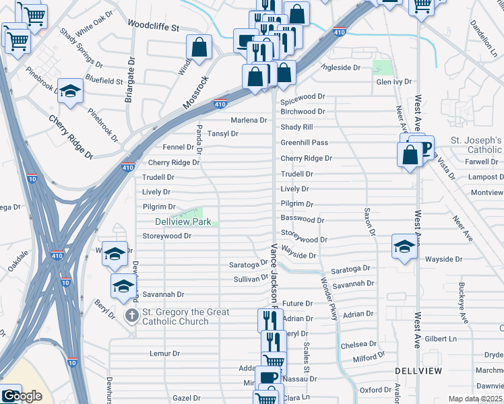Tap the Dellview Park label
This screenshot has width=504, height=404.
click(x=183, y=222)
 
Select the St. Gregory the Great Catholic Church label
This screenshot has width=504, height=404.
click(x=185, y=316)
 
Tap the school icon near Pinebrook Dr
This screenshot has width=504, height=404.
click(x=70, y=92)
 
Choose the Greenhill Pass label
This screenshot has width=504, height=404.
click(x=304, y=143)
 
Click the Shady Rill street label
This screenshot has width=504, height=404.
click(x=297, y=127)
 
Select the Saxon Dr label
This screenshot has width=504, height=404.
click(x=370, y=222)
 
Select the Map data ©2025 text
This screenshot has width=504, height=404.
click(x=476, y=399)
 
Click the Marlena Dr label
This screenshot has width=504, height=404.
click(x=249, y=121)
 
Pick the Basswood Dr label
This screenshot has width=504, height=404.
click(x=303, y=220)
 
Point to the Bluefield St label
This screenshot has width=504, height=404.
click(x=104, y=81)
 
